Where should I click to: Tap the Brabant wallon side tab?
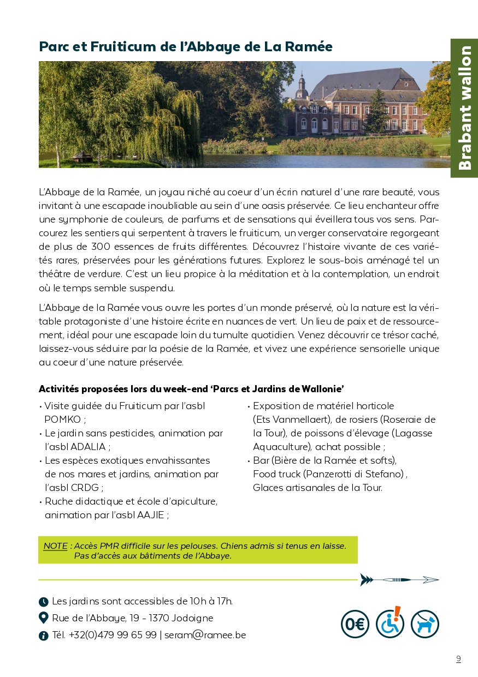coord(464,108)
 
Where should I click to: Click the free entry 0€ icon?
coord(355,624)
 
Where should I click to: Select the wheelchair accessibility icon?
coord(390,624)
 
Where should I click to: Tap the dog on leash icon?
coord(425,624)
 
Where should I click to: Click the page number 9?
coord(458,659)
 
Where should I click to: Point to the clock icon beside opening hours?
coord(44,602)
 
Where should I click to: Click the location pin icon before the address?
coord(44,618)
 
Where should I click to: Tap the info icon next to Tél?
coord(44,636)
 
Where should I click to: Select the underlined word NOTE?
coord(55,546)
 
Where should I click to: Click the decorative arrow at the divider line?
coord(399,579)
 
